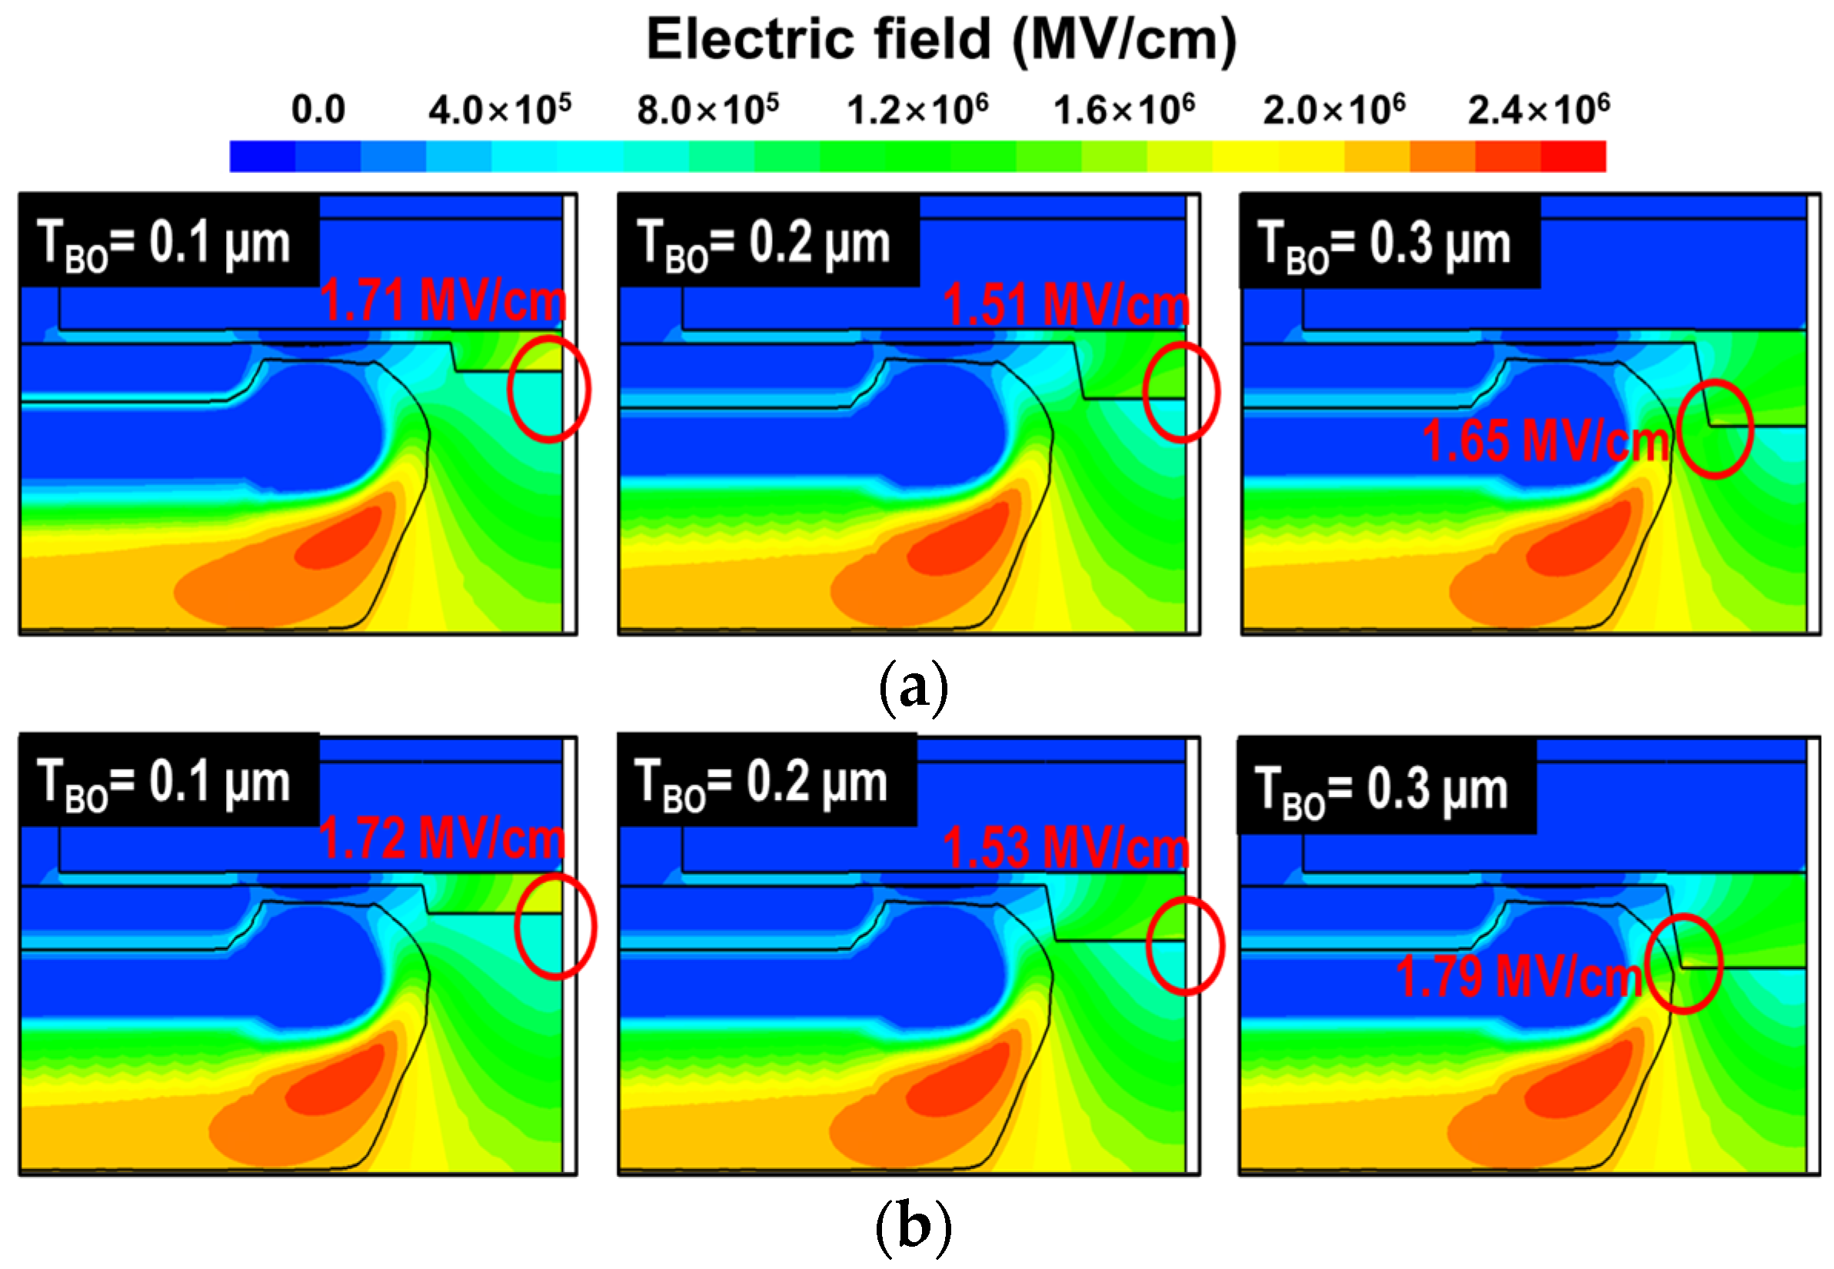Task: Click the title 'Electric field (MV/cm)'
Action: (941, 40)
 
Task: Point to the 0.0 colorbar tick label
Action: (318, 110)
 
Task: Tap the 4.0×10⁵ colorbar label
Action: (500, 110)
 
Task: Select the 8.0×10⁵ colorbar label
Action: (707, 110)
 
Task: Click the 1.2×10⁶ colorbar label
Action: (917, 110)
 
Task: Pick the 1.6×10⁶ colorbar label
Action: (1123, 110)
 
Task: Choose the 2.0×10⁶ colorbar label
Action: (1333, 110)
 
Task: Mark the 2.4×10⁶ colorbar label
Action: (1539, 110)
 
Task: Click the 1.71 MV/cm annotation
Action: (442, 301)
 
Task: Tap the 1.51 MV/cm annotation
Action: (1066, 305)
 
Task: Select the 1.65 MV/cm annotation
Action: (1546, 441)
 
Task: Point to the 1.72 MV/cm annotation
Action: (441, 838)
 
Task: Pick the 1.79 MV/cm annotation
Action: (1518, 977)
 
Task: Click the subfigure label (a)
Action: (914, 687)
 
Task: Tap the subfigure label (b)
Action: (914, 1226)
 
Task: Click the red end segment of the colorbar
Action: (1573, 157)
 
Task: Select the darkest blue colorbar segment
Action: (262, 157)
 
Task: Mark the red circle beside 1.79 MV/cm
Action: (1684, 964)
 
